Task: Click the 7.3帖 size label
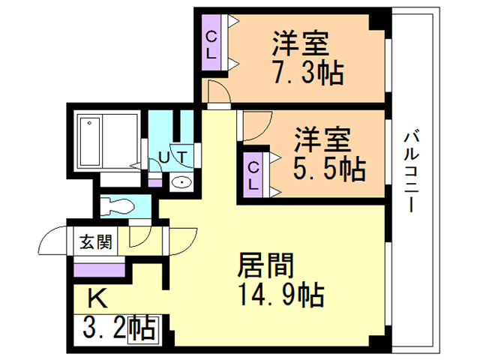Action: pyautogui.click(x=308, y=73)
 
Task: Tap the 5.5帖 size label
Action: pyautogui.click(x=329, y=169)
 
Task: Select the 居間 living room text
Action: pyautogui.click(x=265, y=265)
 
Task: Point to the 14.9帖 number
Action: pyautogui.click(x=281, y=295)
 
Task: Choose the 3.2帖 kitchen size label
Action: pyautogui.click(x=119, y=328)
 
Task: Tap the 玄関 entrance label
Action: pyautogui.click(x=95, y=241)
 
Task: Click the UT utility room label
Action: pyautogui.click(x=172, y=157)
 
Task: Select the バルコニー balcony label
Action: pyautogui.click(x=411, y=172)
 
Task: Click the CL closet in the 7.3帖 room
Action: pyautogui.click(x=211, y=43)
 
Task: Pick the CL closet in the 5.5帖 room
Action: pyautogui.click(x=253, y=175)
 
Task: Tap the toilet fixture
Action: pyautogui.click(x=118, y=206)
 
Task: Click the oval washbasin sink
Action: pyautogui.click(x=181, y=183)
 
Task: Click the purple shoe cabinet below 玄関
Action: pyautogui.click(x=99, y=270)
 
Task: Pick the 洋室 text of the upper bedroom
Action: pyautogui.click(x=301, y=43)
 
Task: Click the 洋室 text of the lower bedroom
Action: pyautogui.click(x=322, y=139)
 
